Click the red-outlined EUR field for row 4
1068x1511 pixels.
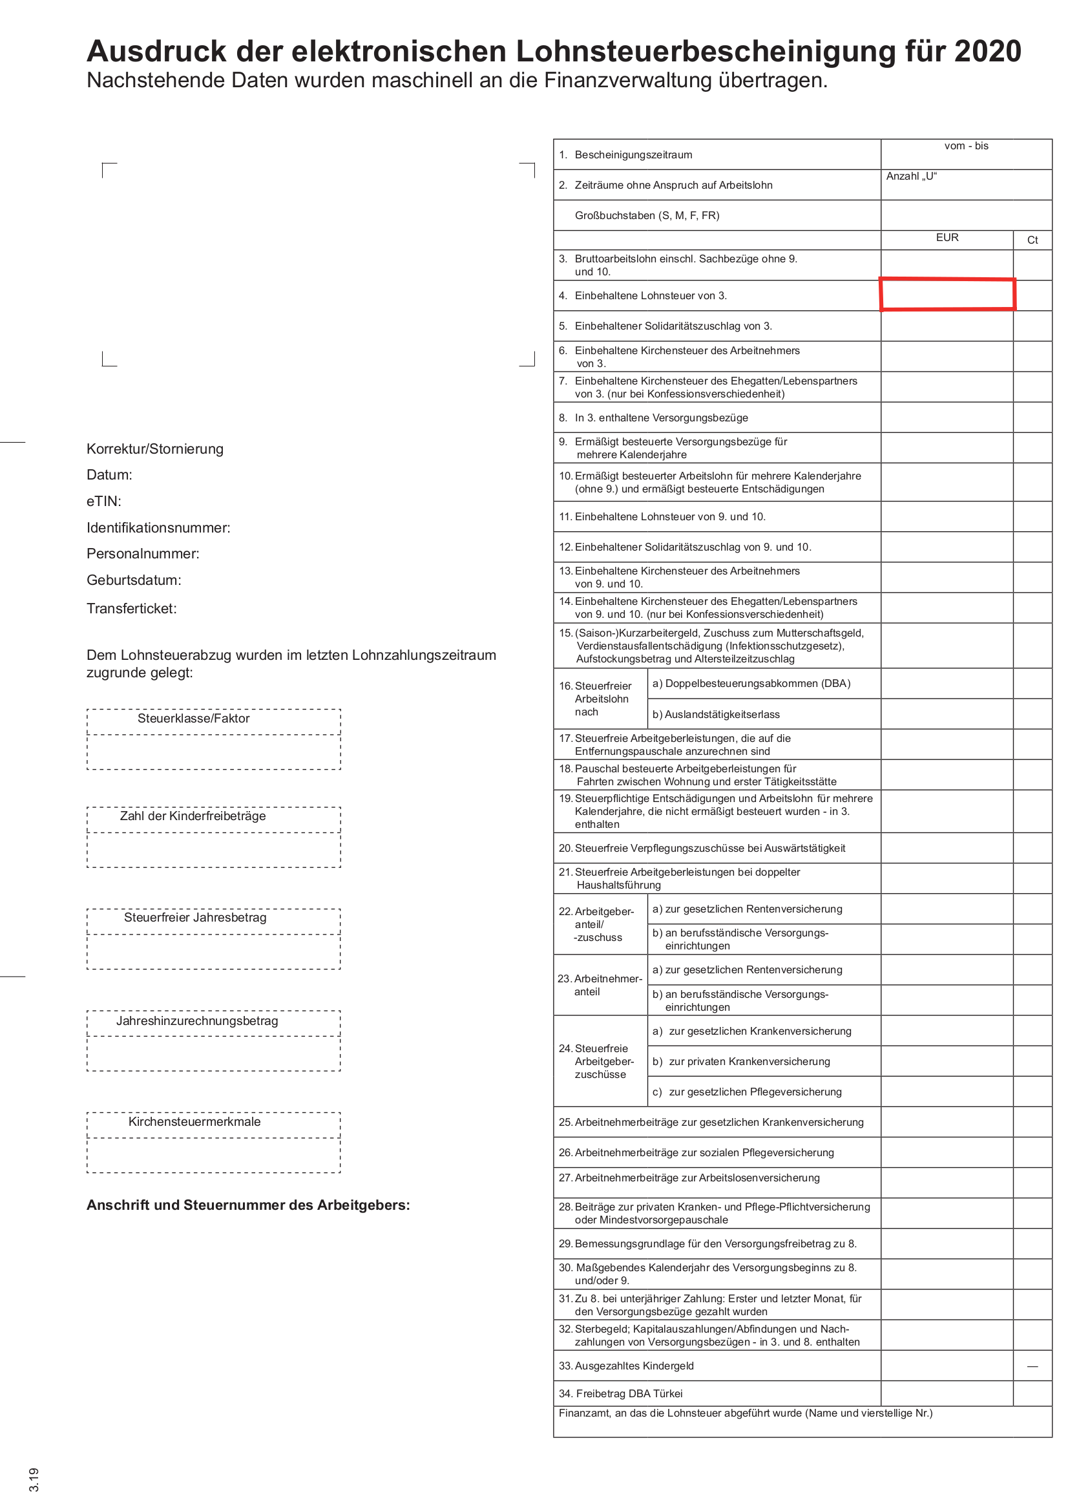tap(947, 294)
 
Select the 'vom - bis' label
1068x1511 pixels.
tap(965, 145)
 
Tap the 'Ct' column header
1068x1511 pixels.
tap(1032, 240)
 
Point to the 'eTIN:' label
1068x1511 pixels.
tap(104, 501)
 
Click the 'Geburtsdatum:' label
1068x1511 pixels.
tap(134, 580)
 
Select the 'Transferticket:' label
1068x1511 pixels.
tap(132, 608)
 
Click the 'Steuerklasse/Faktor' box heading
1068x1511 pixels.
tap(193, 718)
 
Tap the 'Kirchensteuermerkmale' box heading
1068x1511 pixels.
tap(194, 1121)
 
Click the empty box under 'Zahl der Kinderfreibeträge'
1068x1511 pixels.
tap(213, 850)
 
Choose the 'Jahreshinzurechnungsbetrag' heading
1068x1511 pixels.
tap(197, 1020)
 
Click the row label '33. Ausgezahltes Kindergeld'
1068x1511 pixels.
tap(626, 1366)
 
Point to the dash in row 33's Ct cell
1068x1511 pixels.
tap(1032, 1366)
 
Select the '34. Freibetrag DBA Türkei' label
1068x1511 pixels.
tap(620, 1393)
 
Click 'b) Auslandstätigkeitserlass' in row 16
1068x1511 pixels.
tap(715, 714)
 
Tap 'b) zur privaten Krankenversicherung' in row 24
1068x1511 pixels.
tap(741, 1062)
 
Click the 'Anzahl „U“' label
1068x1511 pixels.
tap(911, 176)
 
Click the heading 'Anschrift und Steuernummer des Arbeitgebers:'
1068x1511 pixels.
tap(248, 1205)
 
